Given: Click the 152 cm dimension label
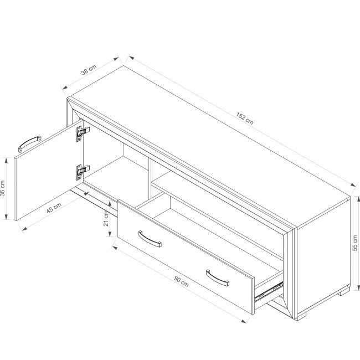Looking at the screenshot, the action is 245,119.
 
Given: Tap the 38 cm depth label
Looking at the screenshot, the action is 89,70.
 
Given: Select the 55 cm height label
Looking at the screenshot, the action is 354,243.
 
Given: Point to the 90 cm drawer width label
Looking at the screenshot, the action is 181,282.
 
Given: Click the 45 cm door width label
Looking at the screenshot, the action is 54,208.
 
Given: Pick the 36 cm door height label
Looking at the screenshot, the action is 3,188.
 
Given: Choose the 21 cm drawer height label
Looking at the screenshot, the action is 106,219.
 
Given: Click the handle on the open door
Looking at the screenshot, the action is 29,144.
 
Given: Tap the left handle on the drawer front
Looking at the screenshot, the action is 150,239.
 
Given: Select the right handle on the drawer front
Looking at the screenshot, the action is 218,278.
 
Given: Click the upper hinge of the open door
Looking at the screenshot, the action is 83,133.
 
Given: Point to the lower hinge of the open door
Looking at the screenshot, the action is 83,172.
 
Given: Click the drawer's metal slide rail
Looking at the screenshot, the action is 269,292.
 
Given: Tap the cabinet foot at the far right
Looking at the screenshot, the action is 344,292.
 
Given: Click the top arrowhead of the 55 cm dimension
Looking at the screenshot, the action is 358,199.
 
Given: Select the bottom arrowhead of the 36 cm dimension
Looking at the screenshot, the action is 6,217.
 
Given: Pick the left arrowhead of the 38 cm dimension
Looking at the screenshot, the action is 65,88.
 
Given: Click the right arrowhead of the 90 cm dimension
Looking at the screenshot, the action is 244,321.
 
